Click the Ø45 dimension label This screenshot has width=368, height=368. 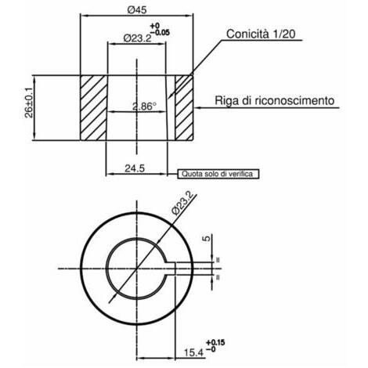[137, 10]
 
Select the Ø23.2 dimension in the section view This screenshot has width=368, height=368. [137, 38]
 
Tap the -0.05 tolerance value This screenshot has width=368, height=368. [160, 33]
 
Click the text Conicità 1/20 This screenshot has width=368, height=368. [261, 34]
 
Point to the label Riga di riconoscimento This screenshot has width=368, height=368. [274, 100]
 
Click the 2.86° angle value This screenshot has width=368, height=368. [144, 106]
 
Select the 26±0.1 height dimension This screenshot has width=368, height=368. [29, 103]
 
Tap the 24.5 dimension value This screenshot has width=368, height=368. [135, 168]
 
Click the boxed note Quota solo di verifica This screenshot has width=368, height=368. [218, 174]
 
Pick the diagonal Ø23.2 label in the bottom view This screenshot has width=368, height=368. [183, 203]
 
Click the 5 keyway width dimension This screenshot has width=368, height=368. [207, 238]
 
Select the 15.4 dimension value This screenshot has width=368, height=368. [193, 353]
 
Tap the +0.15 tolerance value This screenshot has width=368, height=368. [215, 342]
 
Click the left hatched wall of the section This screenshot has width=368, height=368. [94, 108]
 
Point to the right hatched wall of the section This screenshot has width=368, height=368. [184, 108]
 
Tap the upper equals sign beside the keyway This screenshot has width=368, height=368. [218, 260]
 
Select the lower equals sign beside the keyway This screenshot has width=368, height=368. [218, 277]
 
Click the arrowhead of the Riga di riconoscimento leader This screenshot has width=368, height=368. [197, 107]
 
